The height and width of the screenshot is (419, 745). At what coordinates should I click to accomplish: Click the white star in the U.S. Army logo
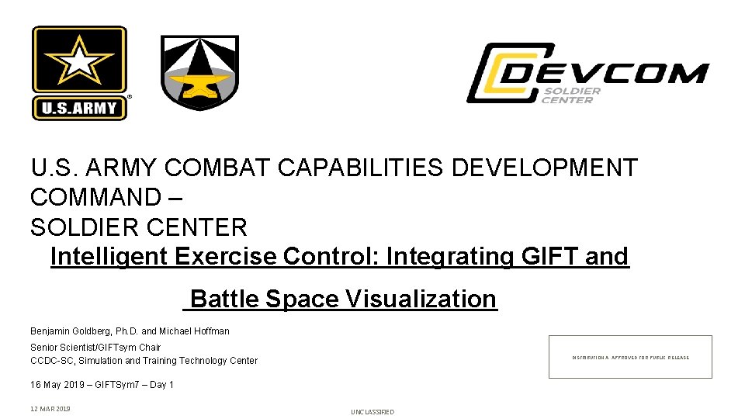(79, 61)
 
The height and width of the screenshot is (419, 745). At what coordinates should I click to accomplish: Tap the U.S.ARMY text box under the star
(79, 107)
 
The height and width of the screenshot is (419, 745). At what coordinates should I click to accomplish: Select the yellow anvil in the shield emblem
(199, 83)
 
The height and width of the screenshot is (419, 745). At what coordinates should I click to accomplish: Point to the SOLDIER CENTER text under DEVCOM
(571, 95)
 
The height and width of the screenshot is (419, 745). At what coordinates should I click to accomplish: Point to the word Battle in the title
(224, 299)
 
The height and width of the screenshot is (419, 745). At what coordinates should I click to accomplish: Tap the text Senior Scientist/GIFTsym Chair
(95, 348)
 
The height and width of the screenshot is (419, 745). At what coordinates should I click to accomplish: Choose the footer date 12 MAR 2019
(50, 409)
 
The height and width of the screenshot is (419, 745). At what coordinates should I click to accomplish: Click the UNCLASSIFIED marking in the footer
(372, 412)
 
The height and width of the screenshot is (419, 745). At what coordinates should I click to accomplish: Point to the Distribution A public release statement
(630, 358)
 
